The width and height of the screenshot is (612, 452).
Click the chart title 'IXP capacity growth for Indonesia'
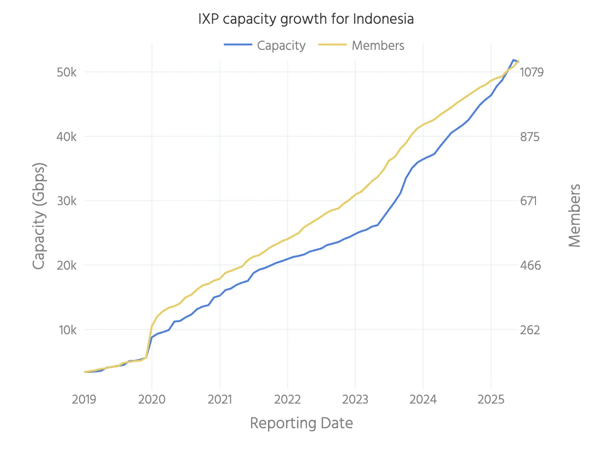(306, 19)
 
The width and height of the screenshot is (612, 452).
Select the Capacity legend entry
(266, 46)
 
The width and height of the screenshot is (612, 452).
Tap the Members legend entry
(362, 46)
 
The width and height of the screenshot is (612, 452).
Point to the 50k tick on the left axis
(67, 72)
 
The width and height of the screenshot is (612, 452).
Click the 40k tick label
(67, 137)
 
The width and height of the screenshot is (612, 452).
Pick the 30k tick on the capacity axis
(67, 201)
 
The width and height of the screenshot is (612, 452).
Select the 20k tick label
(67, 265)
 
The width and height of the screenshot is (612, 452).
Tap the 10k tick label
(67, 330)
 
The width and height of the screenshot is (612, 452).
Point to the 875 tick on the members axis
(530, 137)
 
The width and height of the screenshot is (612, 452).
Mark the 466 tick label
(531, 265)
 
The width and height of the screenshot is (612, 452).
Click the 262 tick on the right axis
(530, 330)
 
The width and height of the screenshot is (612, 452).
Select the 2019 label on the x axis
(84, 400)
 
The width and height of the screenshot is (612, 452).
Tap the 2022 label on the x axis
(287, 400)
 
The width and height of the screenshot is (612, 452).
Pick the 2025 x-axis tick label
(491, 400)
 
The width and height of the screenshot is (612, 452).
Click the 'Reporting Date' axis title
(301, 423)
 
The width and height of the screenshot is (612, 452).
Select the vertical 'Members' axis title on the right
(574, 216)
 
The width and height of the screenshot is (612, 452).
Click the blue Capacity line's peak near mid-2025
(513, 60)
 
